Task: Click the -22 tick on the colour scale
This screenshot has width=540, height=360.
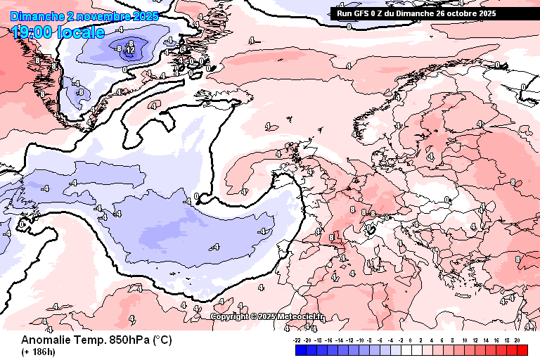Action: click(x=297, y=339)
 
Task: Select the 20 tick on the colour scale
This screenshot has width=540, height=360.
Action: click(x=517, y=339)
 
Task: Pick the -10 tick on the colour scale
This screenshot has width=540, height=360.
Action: click(x=360, y=339)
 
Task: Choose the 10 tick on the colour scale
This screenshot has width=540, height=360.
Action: click(x=464, y=339)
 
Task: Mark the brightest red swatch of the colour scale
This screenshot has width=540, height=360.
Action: click(x=521, y=349)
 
